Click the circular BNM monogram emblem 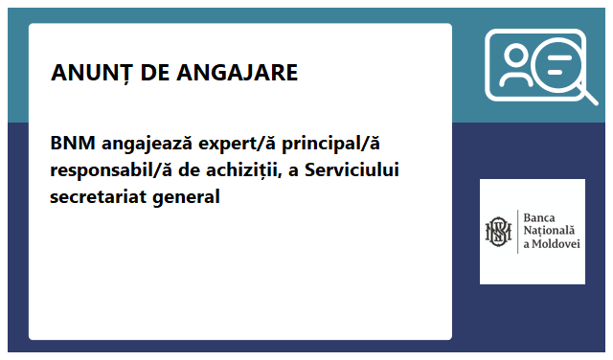click(499, 232)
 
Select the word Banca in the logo click(538, 217)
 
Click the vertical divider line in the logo click(517, 232)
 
